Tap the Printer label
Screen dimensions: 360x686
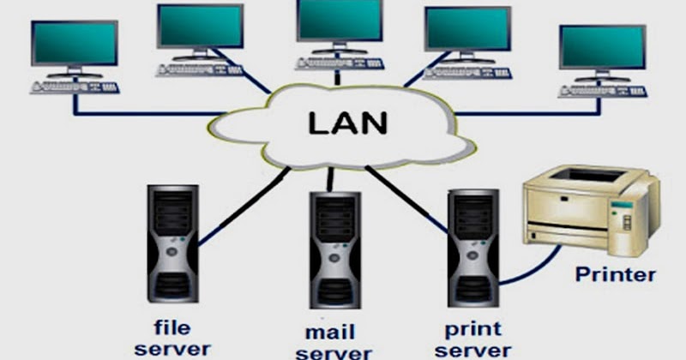pyautogui.click(x=615, y=276)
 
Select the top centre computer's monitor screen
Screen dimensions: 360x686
pyautogui.click(x=339, y=22)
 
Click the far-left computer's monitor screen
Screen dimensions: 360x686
pyautogui.click(x=75, y=43)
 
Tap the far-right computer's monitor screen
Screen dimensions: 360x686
pyautogui.click(x=602, y=47)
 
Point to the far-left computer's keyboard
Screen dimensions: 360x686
pyautogui.click(x=75, y=87)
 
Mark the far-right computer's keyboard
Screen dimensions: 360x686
pyautogui.click(x=602, y=90)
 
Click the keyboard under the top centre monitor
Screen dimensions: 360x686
pyautogui.click(x=339, y=63)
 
